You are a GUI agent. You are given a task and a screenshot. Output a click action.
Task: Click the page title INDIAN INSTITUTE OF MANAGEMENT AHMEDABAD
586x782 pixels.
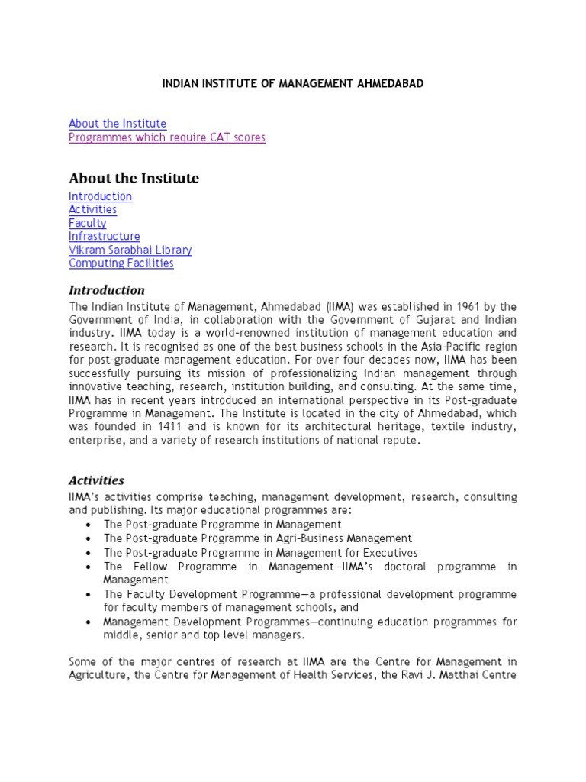[293, 82]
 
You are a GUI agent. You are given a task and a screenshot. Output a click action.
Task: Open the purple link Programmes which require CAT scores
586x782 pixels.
[167, 137]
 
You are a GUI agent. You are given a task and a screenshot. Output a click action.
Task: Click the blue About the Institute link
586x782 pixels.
[118, 124]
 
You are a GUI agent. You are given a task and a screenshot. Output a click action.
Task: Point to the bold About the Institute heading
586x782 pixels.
[134, 179]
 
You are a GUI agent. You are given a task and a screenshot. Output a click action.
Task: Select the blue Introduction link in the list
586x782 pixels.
[100, 196]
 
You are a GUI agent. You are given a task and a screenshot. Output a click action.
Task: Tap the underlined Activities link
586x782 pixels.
[92, 209]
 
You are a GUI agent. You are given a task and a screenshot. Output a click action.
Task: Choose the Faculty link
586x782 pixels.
[88, 223]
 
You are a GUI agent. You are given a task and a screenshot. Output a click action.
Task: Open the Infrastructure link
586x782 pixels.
[105, 237]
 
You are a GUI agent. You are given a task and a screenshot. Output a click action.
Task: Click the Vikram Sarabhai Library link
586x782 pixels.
[130, 250]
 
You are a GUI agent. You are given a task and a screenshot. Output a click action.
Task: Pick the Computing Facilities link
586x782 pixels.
[121, 263]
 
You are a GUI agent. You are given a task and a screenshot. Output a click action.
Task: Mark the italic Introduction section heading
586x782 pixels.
[107, 290]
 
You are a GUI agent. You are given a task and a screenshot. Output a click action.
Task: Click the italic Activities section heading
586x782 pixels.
[96, 480]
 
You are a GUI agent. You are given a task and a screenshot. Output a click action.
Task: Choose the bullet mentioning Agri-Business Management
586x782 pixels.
[258, 538]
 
